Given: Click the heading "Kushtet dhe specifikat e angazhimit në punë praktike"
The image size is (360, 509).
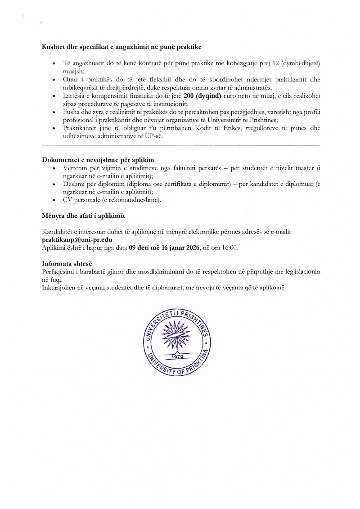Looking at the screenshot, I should pyautogui.click(x=121, y=47).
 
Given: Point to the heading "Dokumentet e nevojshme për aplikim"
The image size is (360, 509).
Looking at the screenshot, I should pyautogui.click(x=98, y=160).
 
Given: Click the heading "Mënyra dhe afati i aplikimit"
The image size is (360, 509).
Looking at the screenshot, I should pyautogui.click(x=83, y=216).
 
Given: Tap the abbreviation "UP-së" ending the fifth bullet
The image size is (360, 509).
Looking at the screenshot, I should pyautogui.click(x=153, y=136).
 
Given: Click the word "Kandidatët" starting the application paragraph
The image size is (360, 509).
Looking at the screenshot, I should pyautogui.click(x=58, y=231).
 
